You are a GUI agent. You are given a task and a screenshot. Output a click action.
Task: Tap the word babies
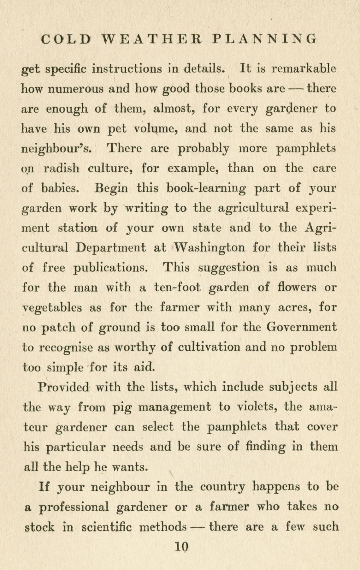tap(59, 188)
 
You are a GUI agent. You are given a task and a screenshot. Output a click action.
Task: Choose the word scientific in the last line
tap(106, 527)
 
